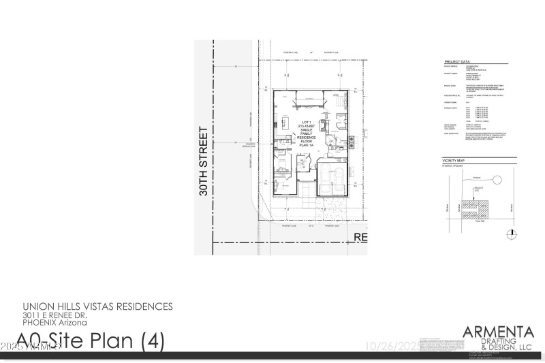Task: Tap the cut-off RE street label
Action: click(x=359, y=237)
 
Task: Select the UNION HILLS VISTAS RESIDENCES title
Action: click(x=98, y=306)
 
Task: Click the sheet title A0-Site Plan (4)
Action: click(x=90, y=340)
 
